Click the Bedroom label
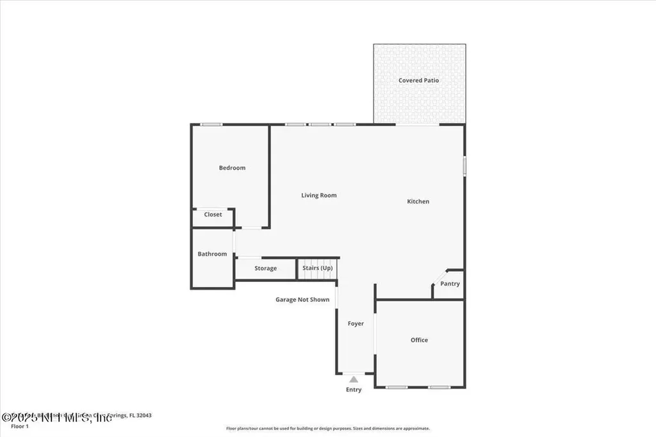(232, 168)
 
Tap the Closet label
(213, 215)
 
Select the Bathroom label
(212, 254)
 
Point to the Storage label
(265, 268)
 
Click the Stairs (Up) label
(318, 268)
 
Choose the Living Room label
(319, 195)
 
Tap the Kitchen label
(418, 202)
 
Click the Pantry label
(450, 284)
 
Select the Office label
(419, 340)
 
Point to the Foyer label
(356, 324)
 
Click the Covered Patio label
(419, 81)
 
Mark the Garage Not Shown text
(302, 300)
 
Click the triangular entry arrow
(354, 379)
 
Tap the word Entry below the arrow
(354, 390)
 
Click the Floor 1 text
(20, 426)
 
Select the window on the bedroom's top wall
(211, 124)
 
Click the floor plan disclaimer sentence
(328, 429)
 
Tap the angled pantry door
(439, 277)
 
